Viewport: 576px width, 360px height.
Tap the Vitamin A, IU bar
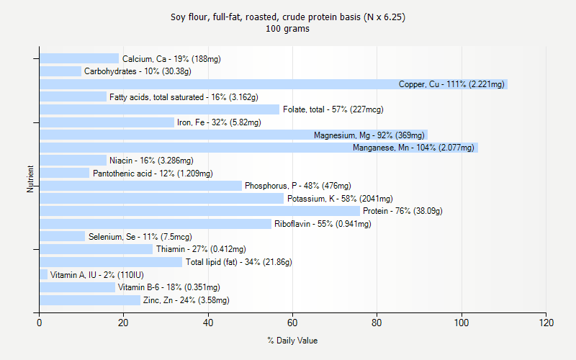point(43,274)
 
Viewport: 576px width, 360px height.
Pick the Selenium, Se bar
point(62,236)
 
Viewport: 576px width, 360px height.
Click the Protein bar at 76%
point(199,211)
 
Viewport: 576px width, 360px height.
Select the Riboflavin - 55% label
point(323,224)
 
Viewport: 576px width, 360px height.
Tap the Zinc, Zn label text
point(186,300)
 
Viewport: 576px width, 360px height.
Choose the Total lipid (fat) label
point(238,262)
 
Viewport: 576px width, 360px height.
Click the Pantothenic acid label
point(153,174)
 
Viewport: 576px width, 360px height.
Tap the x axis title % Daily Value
point(292,341)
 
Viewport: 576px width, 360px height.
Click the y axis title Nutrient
point(30,179)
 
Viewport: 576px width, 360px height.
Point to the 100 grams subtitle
point(288,29)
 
